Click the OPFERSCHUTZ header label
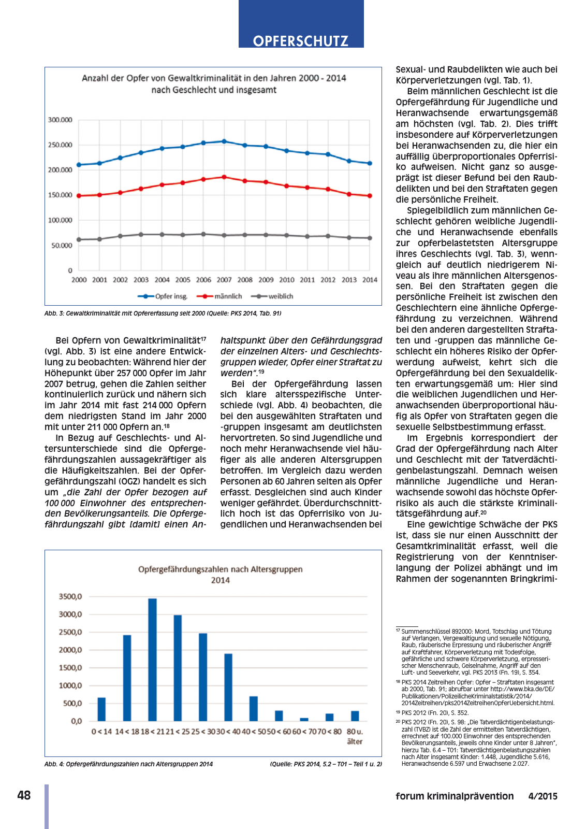click(301, 41)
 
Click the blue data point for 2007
click(224, 141)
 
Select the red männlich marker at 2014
click(370, 196)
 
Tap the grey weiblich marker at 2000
click(79, 239)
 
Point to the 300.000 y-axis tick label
click(60, 120)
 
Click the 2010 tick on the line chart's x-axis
click(286, 280)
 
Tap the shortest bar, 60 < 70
click(304, 719)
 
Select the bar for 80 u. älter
click(355, 716)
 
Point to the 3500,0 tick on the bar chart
click(70, 596)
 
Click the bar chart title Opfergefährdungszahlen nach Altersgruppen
click(220, 569)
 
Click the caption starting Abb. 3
click(163, 313)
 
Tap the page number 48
click(24, 795)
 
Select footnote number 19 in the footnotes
click(398, 712)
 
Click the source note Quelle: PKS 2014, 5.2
click(326, 764)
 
